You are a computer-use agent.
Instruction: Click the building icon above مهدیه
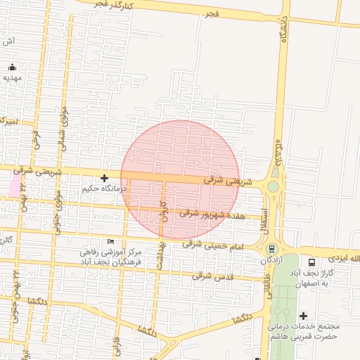(12, 67)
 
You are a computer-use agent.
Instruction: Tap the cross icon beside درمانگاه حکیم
(104, 179)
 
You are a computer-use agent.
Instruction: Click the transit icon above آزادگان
(271, 249)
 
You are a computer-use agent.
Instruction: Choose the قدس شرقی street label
(211, 276)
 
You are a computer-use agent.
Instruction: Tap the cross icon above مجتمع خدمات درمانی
(303, 316)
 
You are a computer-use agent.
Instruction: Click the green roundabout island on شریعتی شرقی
(273, 186)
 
